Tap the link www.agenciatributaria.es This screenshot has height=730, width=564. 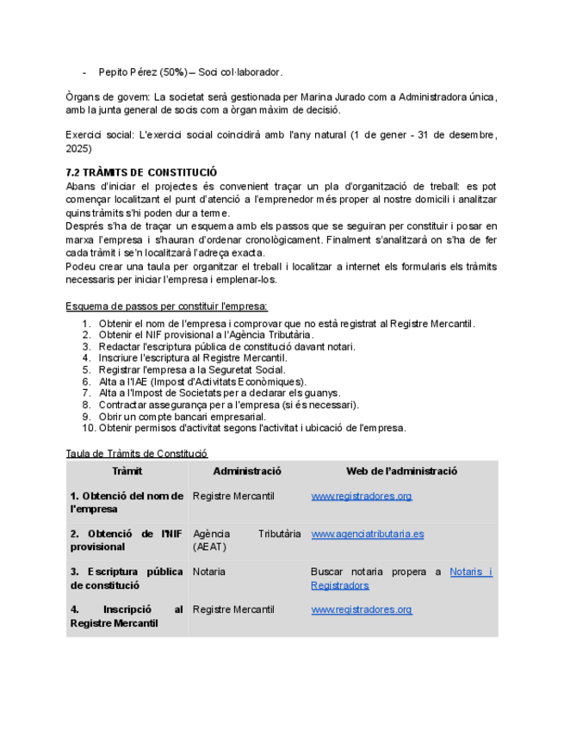(x=367, y=534)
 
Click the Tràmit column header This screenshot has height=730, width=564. (x=127, y=471)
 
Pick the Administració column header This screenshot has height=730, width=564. (x=246, y=471)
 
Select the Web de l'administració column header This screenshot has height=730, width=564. (x=401, y=471)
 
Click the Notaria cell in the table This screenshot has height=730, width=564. (x=209, y=572)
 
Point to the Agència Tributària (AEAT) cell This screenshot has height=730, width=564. (x=246, y=540)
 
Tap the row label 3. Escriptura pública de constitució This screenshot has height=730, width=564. (x=127, y=578)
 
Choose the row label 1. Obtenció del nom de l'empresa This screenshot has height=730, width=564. (x=127, y=502)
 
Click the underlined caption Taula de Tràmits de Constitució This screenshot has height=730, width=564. (x=137, y=453)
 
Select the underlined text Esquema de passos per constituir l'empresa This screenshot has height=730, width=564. (x=166, y=306)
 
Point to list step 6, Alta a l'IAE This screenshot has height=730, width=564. (x=201, y=381)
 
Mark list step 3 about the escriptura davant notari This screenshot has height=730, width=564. (x=226, y=346)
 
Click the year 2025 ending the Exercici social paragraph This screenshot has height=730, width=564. (x=78, y=149)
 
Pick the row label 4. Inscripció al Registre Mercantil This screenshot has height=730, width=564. (x=127, y=616)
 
